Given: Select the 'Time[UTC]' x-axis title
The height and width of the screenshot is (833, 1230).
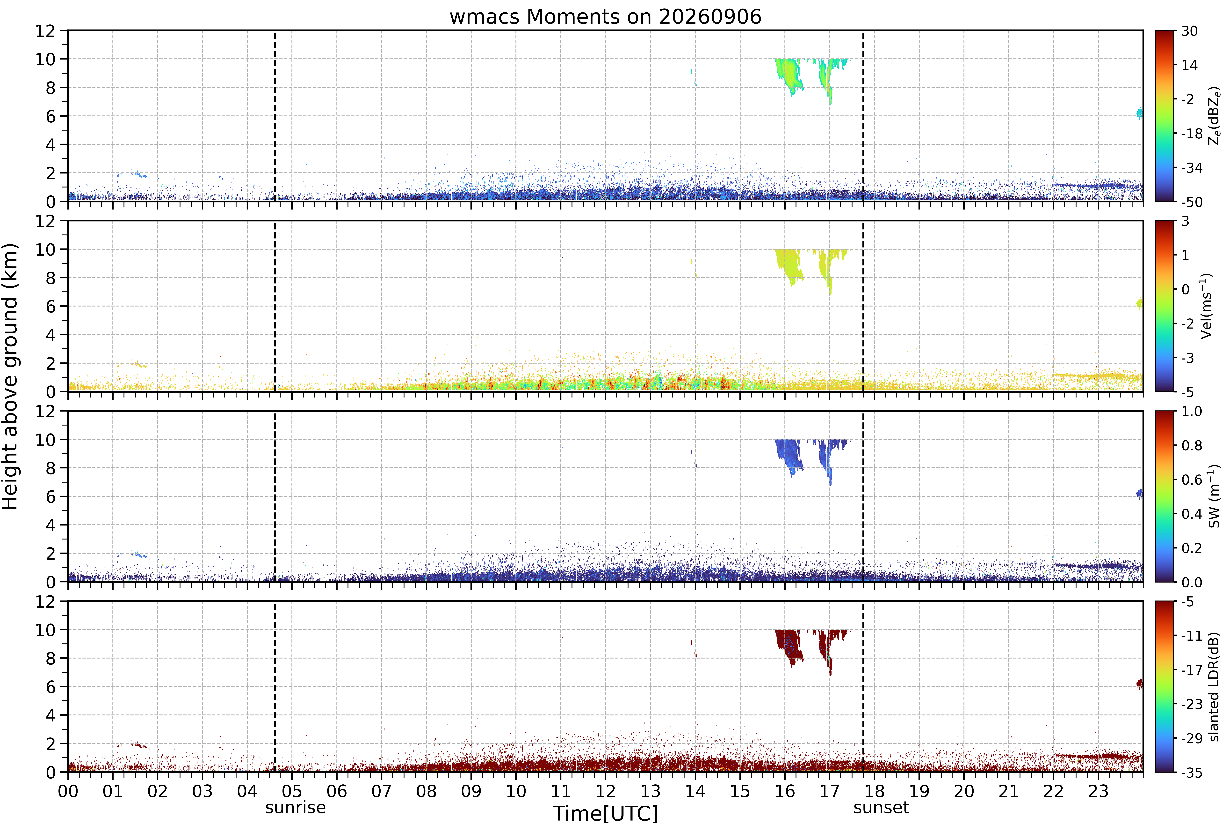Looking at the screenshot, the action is click(606, 813).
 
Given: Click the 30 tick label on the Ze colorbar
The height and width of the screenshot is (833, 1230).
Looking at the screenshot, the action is click(1189, 31).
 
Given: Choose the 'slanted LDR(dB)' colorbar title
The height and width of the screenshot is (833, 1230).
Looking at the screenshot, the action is click(1214, 687).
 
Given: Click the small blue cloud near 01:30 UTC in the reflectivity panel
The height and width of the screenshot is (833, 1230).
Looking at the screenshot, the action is click(132, 174).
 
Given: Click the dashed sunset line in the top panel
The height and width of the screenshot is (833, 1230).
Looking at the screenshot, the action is click(863, 116).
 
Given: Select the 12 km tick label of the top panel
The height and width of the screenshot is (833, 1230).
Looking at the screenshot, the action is click(45, 31).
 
